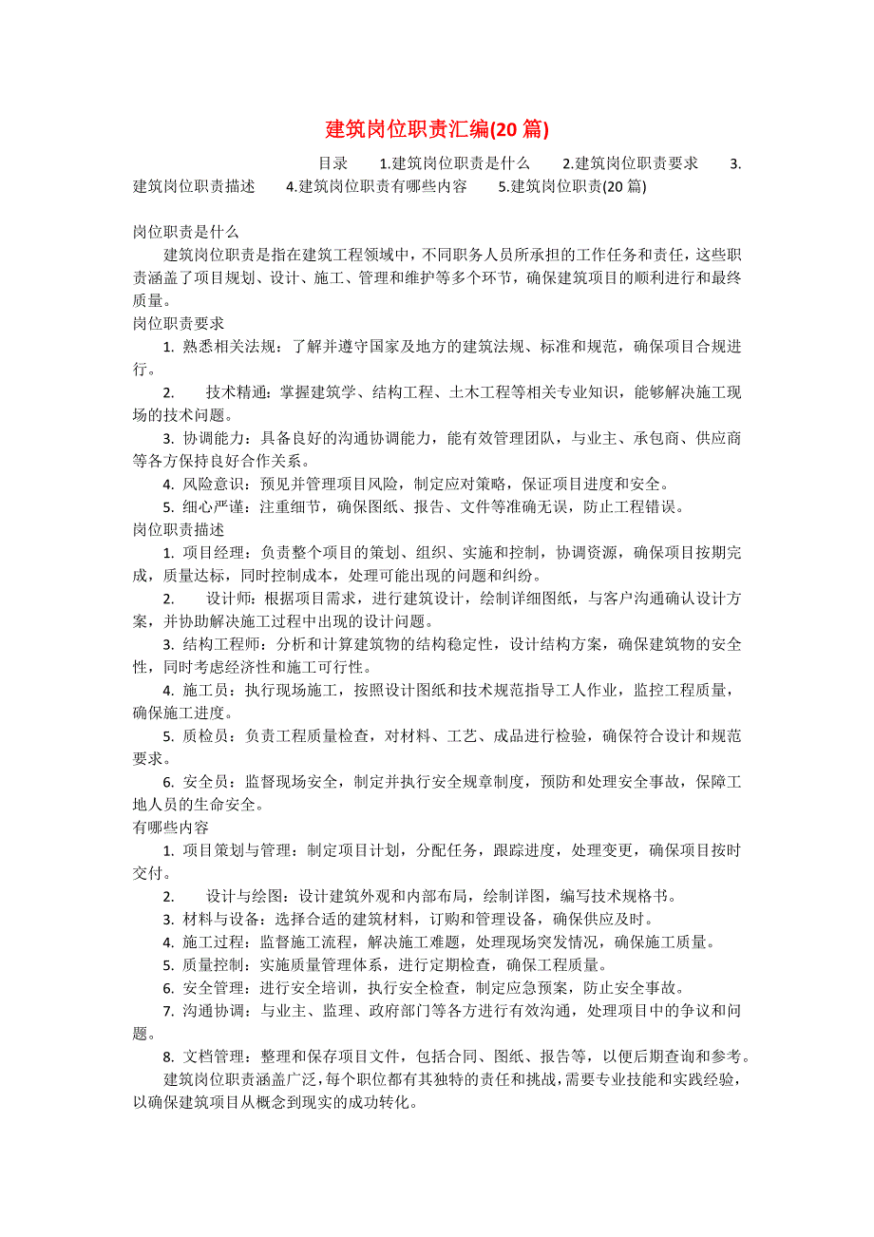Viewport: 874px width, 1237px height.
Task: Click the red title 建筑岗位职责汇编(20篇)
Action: click(437, 128)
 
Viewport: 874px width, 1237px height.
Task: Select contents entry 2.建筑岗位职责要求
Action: click(630, 162)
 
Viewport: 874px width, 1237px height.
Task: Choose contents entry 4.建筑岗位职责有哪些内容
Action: click(376, 187)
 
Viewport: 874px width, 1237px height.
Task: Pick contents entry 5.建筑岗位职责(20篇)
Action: click(572, 187)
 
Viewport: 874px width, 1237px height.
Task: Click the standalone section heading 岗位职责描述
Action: click(179, 529)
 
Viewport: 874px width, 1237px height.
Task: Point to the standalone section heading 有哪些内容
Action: click(171, 828)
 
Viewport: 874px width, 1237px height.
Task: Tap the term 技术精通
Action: click(237, 392)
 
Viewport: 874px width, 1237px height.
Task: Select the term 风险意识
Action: click(215, 484)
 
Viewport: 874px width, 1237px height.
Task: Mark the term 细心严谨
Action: click(215, 506)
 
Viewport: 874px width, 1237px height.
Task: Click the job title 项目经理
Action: click(215, 553)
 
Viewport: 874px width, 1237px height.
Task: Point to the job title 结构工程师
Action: click(222, 644)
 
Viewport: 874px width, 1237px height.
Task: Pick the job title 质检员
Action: click(206, 735)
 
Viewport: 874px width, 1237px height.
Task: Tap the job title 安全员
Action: click(206, 782)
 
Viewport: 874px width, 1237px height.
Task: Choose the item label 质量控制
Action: click(215, 965)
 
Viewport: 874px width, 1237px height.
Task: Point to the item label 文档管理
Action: click(215, 1056)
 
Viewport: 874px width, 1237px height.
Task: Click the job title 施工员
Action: click(206, 690)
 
